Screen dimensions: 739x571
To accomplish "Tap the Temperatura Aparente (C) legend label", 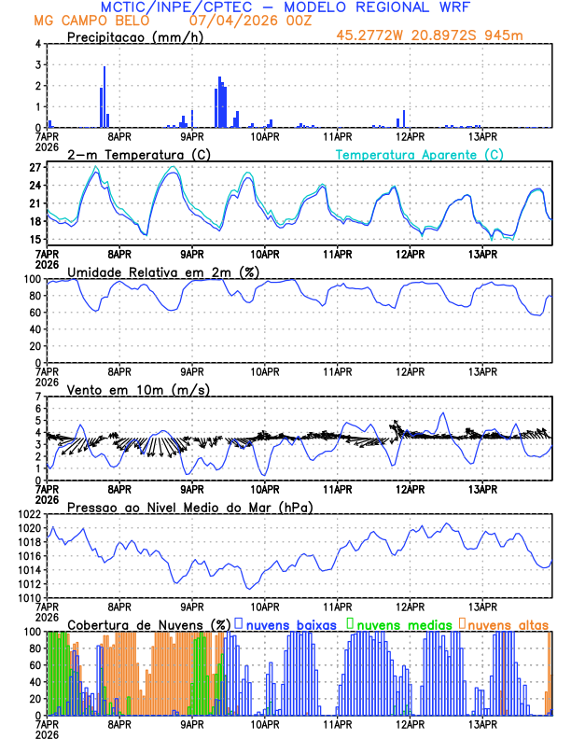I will pyautogui.click(x=420, y=154).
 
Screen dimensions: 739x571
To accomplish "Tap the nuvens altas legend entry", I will pyautogui.click(x=508, y=623).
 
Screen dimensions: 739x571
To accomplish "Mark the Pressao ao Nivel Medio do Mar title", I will pyautogui.click(x=189, y=507).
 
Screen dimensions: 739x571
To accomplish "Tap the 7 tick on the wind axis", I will pyautogui.click(x=36, y=397).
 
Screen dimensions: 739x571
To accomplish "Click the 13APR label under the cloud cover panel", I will pyautogui.click(x=482, y=724).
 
